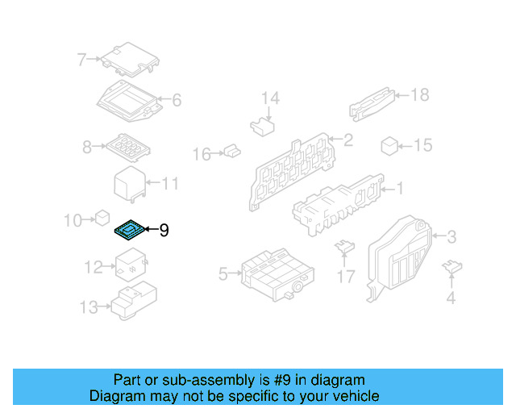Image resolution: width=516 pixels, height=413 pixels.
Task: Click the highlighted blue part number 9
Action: (129, 232)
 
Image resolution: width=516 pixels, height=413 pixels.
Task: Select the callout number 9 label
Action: (164, 232)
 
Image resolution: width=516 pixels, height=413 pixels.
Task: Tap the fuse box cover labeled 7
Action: (129, 58)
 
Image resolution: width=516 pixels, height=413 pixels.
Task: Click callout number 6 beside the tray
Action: (176, 101)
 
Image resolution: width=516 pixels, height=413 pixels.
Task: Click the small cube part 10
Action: (102, 217)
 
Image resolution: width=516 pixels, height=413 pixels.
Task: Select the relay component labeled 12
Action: (129, 264)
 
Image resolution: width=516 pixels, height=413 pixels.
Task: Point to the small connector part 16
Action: (231, 150)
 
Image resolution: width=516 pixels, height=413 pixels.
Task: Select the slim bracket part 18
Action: (372, 103)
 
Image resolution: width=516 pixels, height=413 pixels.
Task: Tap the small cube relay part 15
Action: (389, 145)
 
